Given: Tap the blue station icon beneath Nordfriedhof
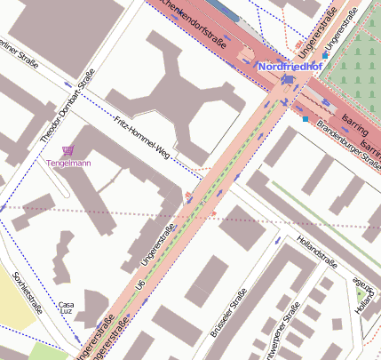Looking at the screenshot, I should [x=287, y=80].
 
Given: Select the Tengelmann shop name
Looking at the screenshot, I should [x=69, y=164].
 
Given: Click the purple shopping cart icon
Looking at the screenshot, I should [x=69, y=151].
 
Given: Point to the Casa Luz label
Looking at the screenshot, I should [x=66, y=308].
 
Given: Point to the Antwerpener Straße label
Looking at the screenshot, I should [x=283, y=338].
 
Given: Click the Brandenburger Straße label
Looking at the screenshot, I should [x=345, y=142].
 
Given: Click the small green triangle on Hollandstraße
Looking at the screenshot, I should [x=360, y=291].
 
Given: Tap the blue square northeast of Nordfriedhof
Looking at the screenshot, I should [x=325, y=55].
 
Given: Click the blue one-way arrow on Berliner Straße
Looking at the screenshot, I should [x=67, y=83].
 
